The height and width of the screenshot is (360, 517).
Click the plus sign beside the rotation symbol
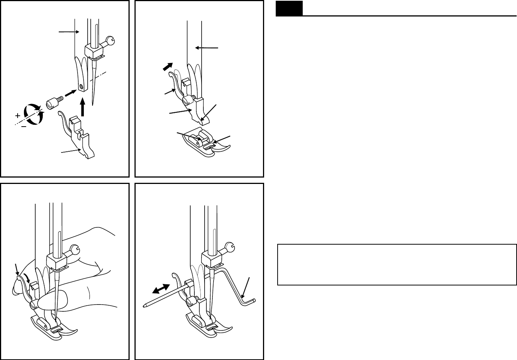(x=18, y=116)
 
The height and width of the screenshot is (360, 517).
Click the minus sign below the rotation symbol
(x=23, y=127)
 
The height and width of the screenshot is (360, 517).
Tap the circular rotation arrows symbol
(x=33, y=114)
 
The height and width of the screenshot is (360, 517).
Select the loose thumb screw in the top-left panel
(x=53, y=102)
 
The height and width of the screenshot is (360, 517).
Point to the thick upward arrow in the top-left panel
(x=83, y=108)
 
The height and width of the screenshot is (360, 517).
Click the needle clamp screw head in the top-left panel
(x=110, y=40)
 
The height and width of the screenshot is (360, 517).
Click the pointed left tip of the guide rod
(x=144, y=306)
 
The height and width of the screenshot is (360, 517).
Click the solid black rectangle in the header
(x=289, y=8)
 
